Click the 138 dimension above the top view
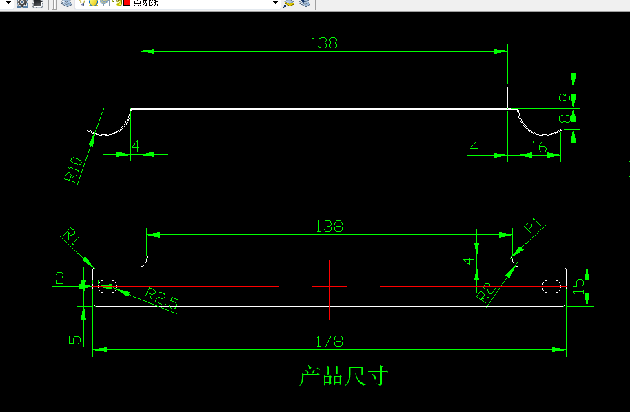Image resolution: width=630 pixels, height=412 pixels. [x=324, y=43]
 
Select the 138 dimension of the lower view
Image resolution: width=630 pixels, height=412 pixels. [x=329, y=226]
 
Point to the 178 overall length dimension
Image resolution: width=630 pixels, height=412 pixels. [x=329, y=341]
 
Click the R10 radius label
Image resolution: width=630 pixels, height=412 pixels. [x=74, y=169]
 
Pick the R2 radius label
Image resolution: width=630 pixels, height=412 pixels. [x=486, y=292]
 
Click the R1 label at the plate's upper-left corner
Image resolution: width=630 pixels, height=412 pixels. [x=72, y=236]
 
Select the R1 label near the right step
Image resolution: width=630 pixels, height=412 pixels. [x=535, y=227]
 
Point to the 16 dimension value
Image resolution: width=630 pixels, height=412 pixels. [x=539, y=147]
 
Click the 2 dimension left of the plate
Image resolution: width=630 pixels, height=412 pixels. [x=60, y=278]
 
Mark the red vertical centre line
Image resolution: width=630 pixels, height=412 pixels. [x=330, y=289]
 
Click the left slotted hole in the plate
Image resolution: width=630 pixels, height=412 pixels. [x=108, y=286]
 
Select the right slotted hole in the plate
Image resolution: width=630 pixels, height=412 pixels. [x=551, y=286]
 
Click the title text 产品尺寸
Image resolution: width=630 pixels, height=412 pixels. [x=344, y=376]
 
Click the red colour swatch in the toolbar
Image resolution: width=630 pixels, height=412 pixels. [x=127, y=3]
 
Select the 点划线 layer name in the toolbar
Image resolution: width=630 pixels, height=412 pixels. [x=146, y=3]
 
